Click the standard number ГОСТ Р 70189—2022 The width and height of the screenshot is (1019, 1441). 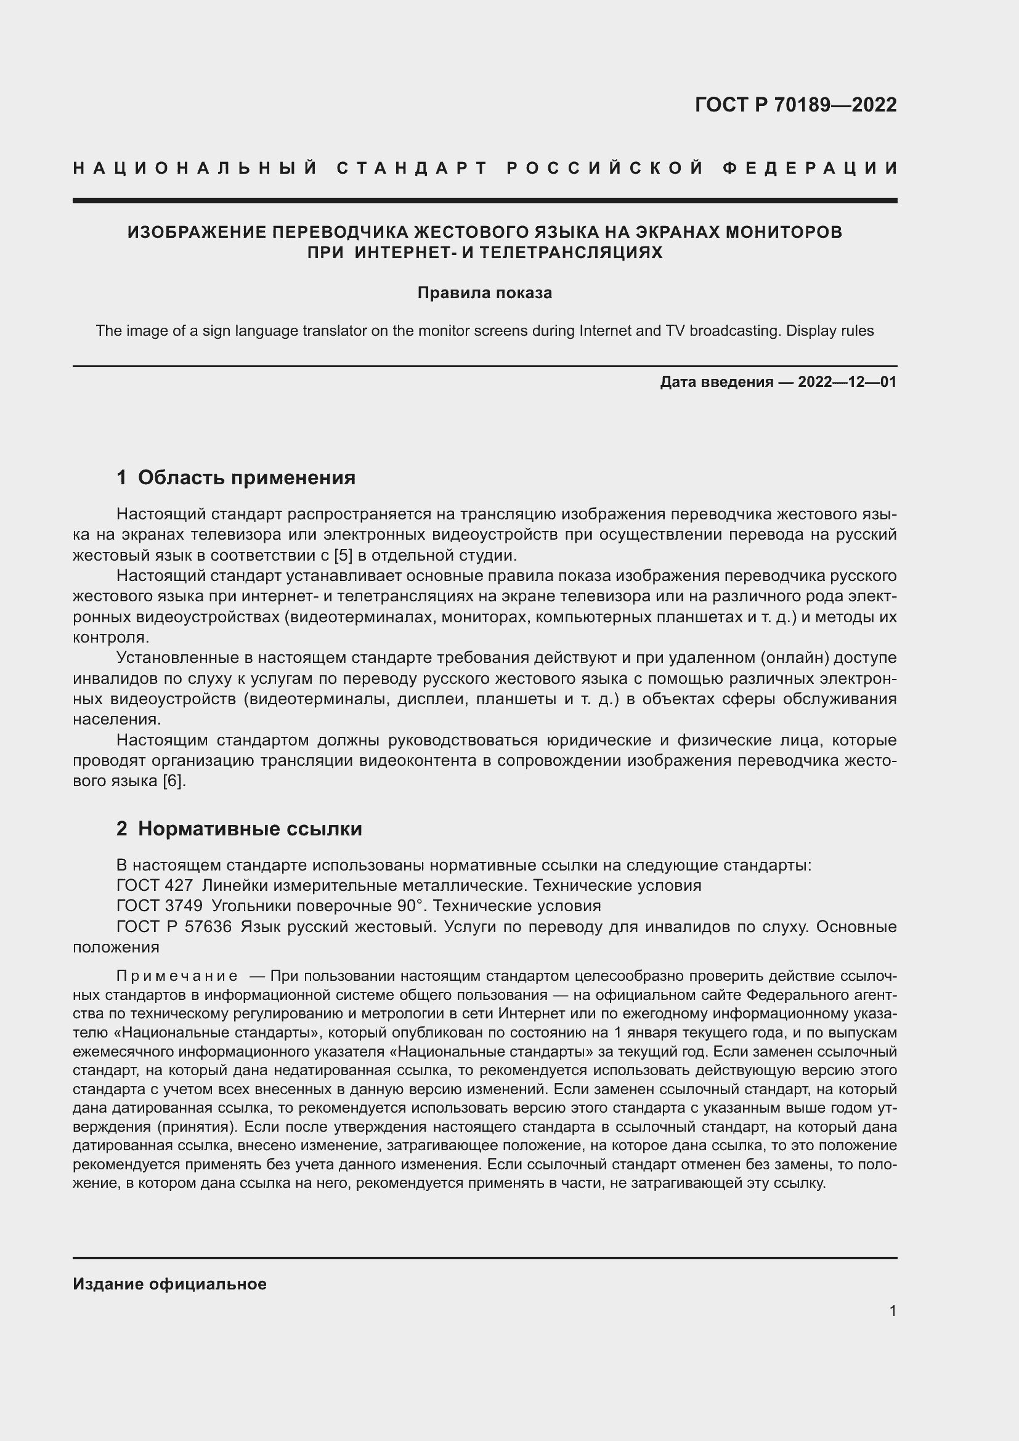pyautogui.click(x=795, y=105)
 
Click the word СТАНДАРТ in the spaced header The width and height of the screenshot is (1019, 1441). pyautogui.click(x=412, y=168)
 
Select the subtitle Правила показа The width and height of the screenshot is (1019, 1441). pyautogui.click(x=484, y=293)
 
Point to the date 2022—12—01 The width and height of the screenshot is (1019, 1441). pyautogui.click(x=847, y=381)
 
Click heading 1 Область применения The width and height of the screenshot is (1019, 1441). pyautogui.click(x=236, y=477)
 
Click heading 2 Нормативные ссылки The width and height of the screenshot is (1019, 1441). pyautogui.click(x=239, y=829)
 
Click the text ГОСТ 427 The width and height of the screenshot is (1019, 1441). pyautogui.click(x=155, y=885)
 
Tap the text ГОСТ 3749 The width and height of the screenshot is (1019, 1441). pyautogui.click(x=160, y=906)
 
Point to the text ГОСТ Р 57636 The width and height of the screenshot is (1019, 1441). pyautogui.click(x=174, y=927)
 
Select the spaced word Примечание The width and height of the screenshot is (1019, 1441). pyautogui.click(x=177, y=976)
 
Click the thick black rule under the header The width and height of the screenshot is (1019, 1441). pyautogui.click(x=484, y=200)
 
